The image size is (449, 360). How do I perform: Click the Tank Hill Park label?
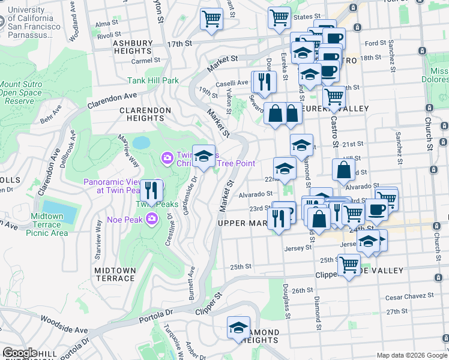153,80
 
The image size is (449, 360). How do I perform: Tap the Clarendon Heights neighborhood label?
145,114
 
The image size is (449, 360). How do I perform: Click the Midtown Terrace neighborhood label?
115,274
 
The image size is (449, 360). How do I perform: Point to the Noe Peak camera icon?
152,219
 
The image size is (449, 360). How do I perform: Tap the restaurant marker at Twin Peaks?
152,191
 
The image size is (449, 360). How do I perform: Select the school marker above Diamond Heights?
238,328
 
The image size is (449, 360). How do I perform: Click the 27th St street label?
397,312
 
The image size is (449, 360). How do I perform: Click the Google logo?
20,353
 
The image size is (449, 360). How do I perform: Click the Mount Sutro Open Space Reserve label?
21,93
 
